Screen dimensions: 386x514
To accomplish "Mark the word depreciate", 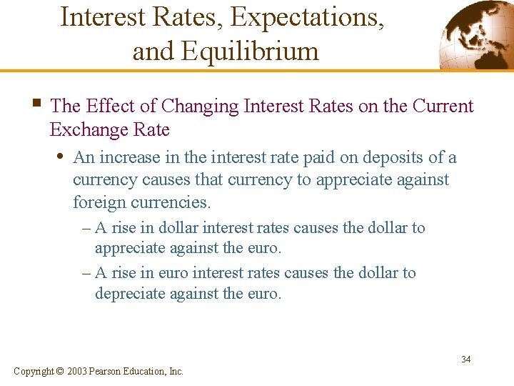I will pos(130,294).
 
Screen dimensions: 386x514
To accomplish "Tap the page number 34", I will pos(465,359).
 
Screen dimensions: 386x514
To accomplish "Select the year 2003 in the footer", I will pos(77,371).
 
